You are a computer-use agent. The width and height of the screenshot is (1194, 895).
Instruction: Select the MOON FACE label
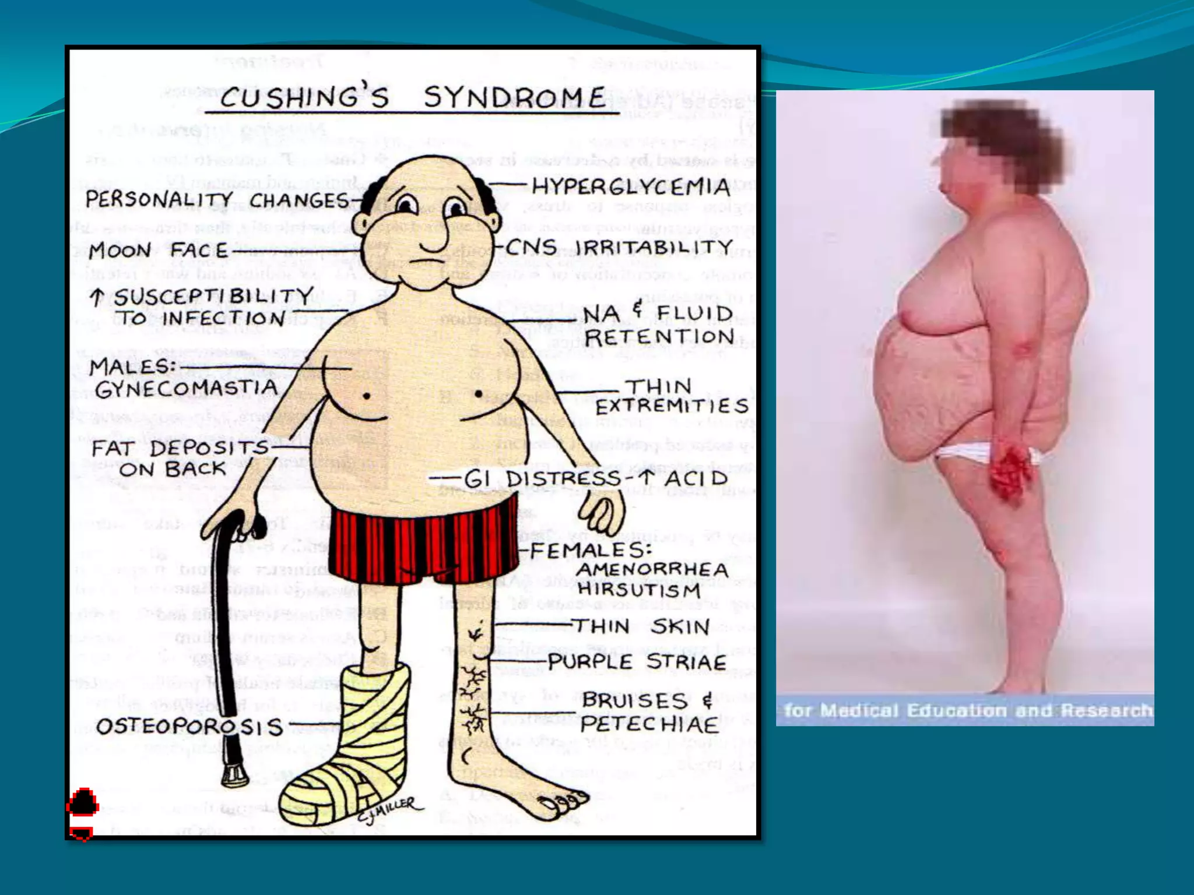(158, 251)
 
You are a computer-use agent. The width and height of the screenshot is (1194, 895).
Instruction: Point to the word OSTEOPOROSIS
(189, 727)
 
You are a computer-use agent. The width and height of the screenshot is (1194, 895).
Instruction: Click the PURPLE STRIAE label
(637, 662)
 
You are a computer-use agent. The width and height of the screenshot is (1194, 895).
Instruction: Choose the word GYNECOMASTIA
(187, 389)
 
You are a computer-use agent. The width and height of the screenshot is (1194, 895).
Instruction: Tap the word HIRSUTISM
(639, 590)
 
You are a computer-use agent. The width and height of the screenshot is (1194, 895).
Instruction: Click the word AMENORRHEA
(652, 569)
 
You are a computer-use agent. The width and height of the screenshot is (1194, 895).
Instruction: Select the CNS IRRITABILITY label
(619, 248)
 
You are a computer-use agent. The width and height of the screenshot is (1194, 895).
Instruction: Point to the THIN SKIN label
(641, 626)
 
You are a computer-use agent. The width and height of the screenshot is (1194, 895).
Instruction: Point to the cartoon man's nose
(436, 235)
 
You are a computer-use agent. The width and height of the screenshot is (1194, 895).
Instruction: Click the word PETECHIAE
(649, 725)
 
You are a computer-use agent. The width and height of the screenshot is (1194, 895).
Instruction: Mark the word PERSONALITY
(159, 200)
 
